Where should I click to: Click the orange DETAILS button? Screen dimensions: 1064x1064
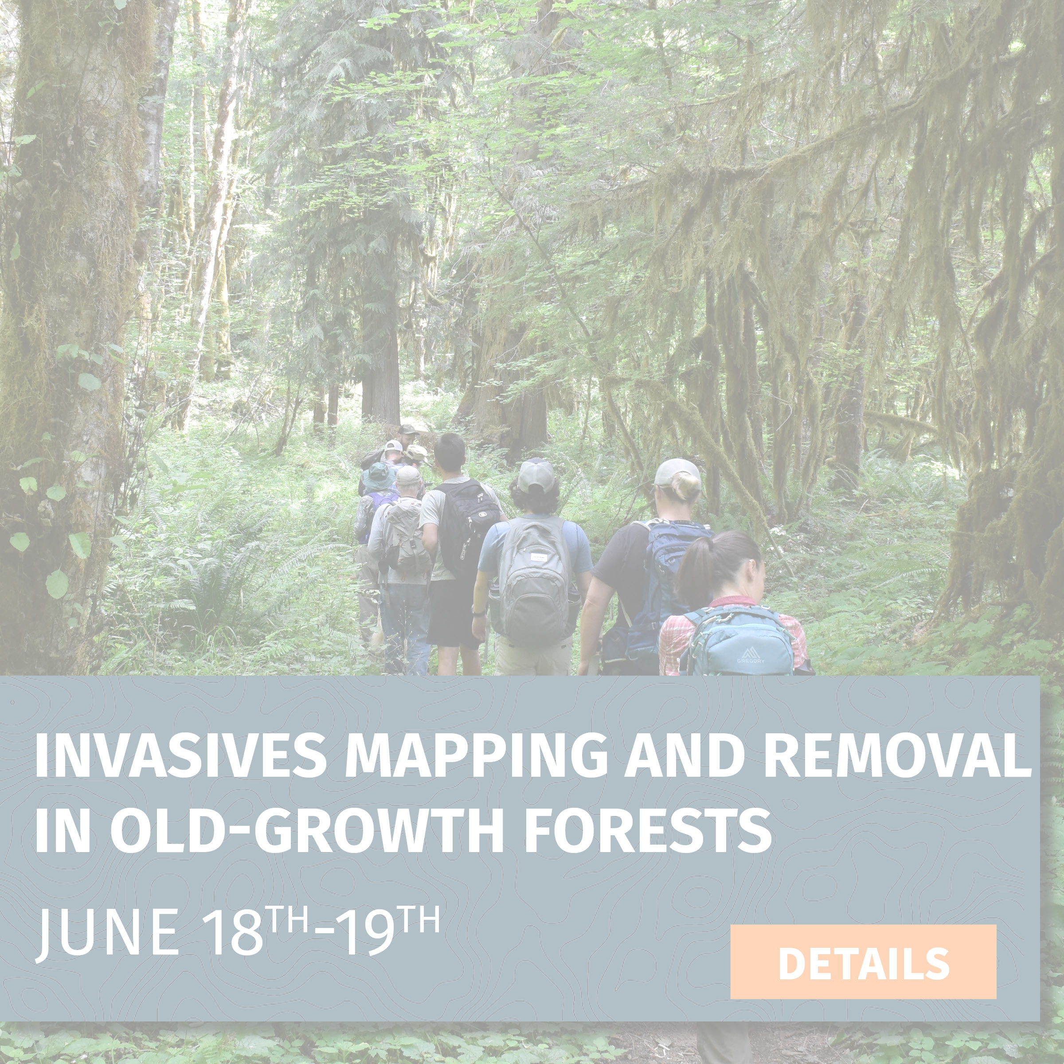863,962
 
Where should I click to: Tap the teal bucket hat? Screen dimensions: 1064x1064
378,476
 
